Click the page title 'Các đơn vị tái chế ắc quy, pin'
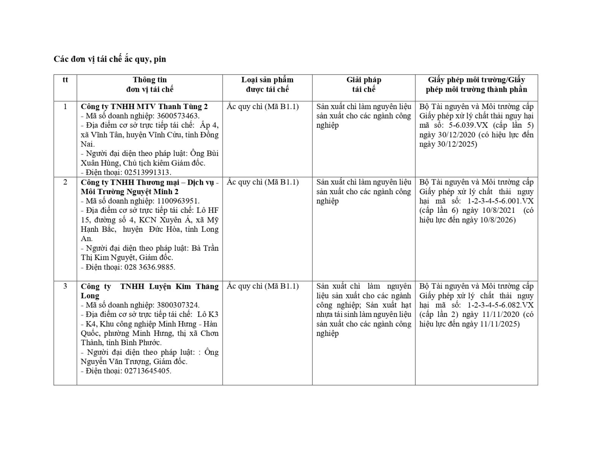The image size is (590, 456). (110, 59)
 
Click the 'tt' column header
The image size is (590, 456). (65, 80)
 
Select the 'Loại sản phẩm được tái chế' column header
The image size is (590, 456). (267, 85)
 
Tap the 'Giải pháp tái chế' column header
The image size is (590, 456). (364, 85)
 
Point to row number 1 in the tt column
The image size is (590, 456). (65, 107)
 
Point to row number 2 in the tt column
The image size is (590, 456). (65, 182)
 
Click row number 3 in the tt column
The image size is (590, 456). (65, 286)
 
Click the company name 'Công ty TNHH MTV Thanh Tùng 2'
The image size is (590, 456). (144, 107)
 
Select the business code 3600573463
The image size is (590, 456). (178, 116)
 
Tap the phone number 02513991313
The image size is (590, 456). (148, 173)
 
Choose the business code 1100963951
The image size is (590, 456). (178, 201)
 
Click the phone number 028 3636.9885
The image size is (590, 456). (150, 267)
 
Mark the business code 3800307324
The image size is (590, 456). (178, 305)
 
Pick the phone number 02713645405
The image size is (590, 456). (148, 371)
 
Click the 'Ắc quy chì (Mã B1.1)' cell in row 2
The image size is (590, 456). (263, 182)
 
